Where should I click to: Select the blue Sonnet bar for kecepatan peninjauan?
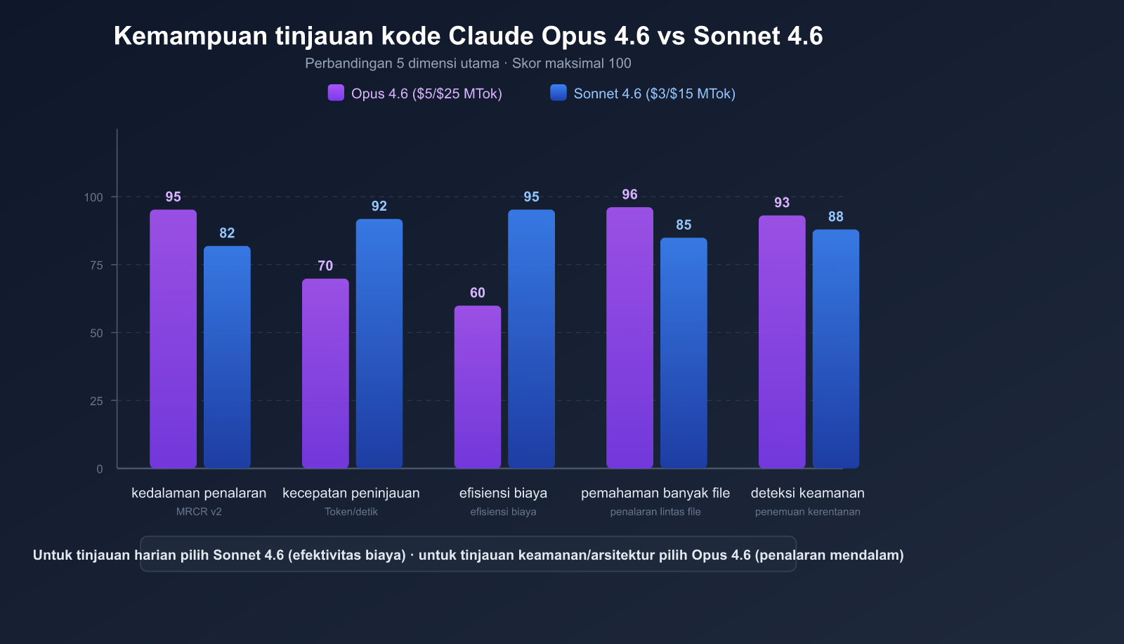coord(379,343)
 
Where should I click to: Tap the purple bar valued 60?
coord(478,386)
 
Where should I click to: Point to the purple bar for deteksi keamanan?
coord(782,341)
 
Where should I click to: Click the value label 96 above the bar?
coord(629,195)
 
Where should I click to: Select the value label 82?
coord(227,233)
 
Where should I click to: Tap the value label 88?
coord(835,217)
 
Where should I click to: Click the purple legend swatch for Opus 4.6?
coord(336,93)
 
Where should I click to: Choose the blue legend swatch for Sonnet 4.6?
coord(558,93)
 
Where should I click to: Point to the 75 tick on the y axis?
coord(96,265)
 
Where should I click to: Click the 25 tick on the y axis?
coord(96,401)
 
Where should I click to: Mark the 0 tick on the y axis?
coord(100,469)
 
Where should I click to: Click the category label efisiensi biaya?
coord(503,493)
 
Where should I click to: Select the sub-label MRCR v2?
coord(199,512)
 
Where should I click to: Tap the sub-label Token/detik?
coord(351,512)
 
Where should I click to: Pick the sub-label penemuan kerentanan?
coord(807,512)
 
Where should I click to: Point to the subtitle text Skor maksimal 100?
coord(571,63)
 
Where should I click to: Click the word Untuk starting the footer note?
coord(53,555)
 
